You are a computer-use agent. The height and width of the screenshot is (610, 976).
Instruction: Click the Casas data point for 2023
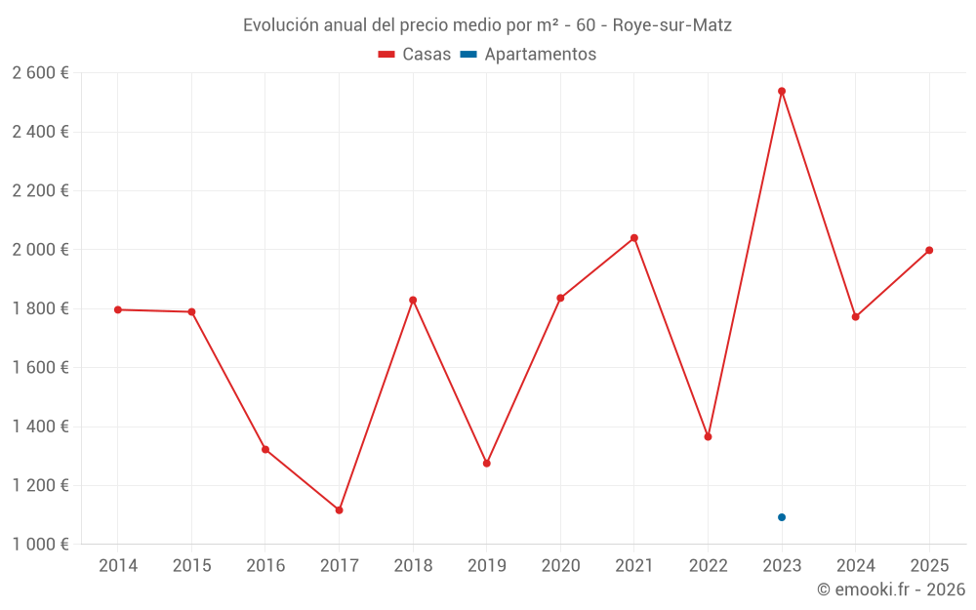click(x=782, y=91)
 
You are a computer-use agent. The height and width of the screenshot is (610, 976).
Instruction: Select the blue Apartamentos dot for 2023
click(x=782, y=517)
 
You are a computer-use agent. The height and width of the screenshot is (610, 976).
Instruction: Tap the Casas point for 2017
click(x=339, y=510)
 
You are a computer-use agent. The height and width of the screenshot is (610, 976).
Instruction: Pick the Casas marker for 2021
click(x=634, y=238)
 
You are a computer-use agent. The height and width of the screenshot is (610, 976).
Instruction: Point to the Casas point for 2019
click(x=487, y=464)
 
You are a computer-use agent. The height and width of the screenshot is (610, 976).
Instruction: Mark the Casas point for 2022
click(x=708, y=436)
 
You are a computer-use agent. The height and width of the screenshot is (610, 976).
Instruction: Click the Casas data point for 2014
click(x=118, y=309)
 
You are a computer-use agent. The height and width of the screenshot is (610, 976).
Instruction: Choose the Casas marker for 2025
click(x=929, y=250)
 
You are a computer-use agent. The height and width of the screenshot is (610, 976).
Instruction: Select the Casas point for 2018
click(x=413, y=300)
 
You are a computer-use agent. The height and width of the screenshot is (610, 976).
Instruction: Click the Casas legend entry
click(x=415, y=55)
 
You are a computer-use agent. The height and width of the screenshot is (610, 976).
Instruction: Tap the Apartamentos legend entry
click(x=528, y=55)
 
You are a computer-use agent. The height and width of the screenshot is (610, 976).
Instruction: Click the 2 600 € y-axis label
click(x=41, y=73)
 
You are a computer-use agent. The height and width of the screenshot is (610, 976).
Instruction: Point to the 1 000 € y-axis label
click(x=41, y=545)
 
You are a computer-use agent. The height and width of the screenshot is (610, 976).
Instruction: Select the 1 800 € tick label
click(x=41, y=308)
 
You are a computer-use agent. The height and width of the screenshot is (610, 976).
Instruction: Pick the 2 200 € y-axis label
click(x=41, y=190)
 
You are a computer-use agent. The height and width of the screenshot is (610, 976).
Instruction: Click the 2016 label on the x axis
click(x=265, y=566)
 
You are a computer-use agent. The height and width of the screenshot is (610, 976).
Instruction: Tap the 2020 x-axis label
click(x=560, y=566)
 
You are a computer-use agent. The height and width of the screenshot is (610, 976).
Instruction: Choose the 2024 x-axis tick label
click(x=855, y=566)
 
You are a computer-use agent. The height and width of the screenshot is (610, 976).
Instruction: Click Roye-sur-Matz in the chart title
click(x=671, y=25)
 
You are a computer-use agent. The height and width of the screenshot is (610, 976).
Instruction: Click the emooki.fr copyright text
click(x=891, y=590)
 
